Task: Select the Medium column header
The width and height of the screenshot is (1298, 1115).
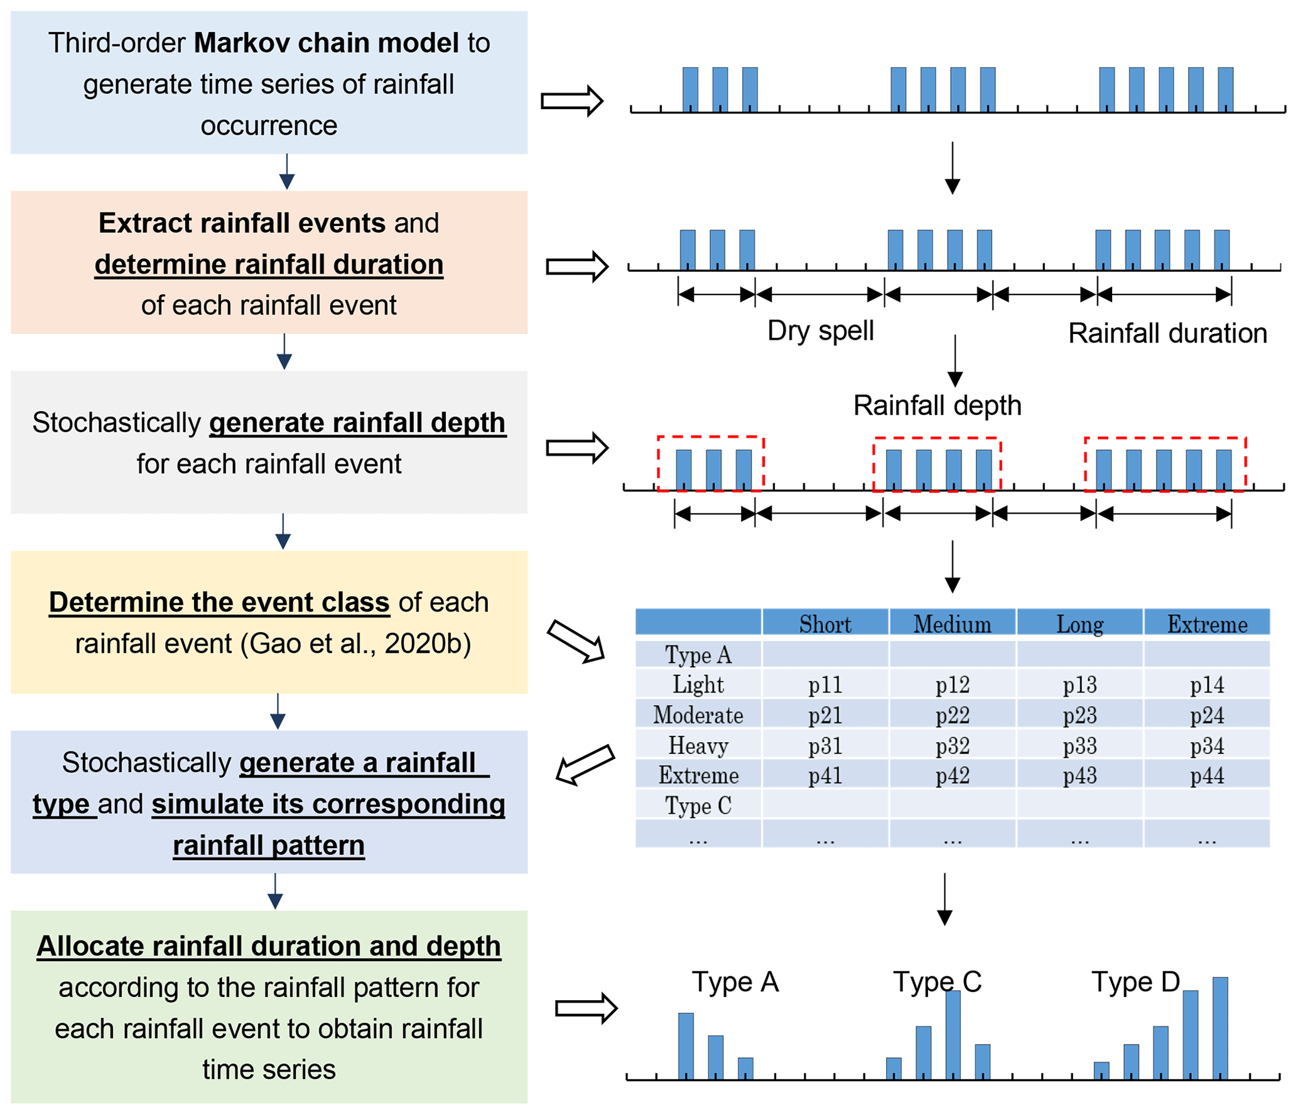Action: (951, 624)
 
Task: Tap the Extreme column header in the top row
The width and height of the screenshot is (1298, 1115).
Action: (1206, 624)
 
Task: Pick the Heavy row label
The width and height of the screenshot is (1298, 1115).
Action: (698, 745)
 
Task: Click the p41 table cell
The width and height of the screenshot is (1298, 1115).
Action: (825, 775)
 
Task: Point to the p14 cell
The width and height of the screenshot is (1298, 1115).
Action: (1206, 684)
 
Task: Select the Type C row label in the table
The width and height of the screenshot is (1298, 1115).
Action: (698, 805)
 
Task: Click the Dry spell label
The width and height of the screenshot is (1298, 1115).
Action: (819, 331)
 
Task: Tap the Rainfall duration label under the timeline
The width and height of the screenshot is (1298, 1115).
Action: (1167, 333)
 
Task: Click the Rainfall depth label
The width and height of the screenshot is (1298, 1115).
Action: (936, 406)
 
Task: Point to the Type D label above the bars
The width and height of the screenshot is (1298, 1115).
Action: (1135, 982)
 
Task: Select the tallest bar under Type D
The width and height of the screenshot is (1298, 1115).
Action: (1219, 1028)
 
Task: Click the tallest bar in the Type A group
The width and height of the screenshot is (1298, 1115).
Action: (685, 1045)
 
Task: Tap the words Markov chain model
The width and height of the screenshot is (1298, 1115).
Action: (326, 43)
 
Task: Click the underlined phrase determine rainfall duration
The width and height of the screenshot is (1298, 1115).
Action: (269, 264)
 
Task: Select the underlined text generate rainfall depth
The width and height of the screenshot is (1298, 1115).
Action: (357, 423)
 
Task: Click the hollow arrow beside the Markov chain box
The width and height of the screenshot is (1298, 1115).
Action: (571, 101)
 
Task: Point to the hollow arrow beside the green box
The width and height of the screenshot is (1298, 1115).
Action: (586, 1008)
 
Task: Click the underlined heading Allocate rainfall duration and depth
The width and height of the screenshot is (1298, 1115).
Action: (269, 946)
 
